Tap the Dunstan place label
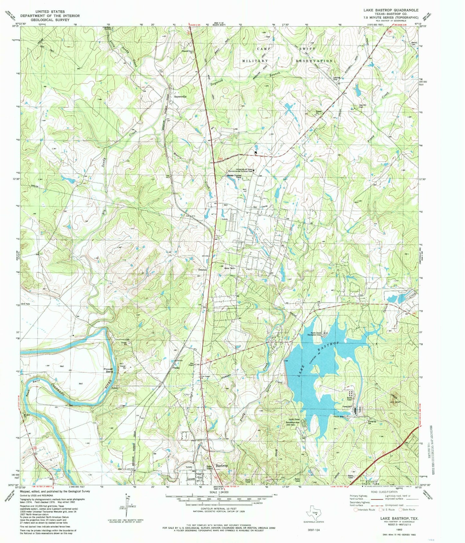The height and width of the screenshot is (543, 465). point(202,269)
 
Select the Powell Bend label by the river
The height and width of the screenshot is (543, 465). point(108,370)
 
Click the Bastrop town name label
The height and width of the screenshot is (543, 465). point(222,465)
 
